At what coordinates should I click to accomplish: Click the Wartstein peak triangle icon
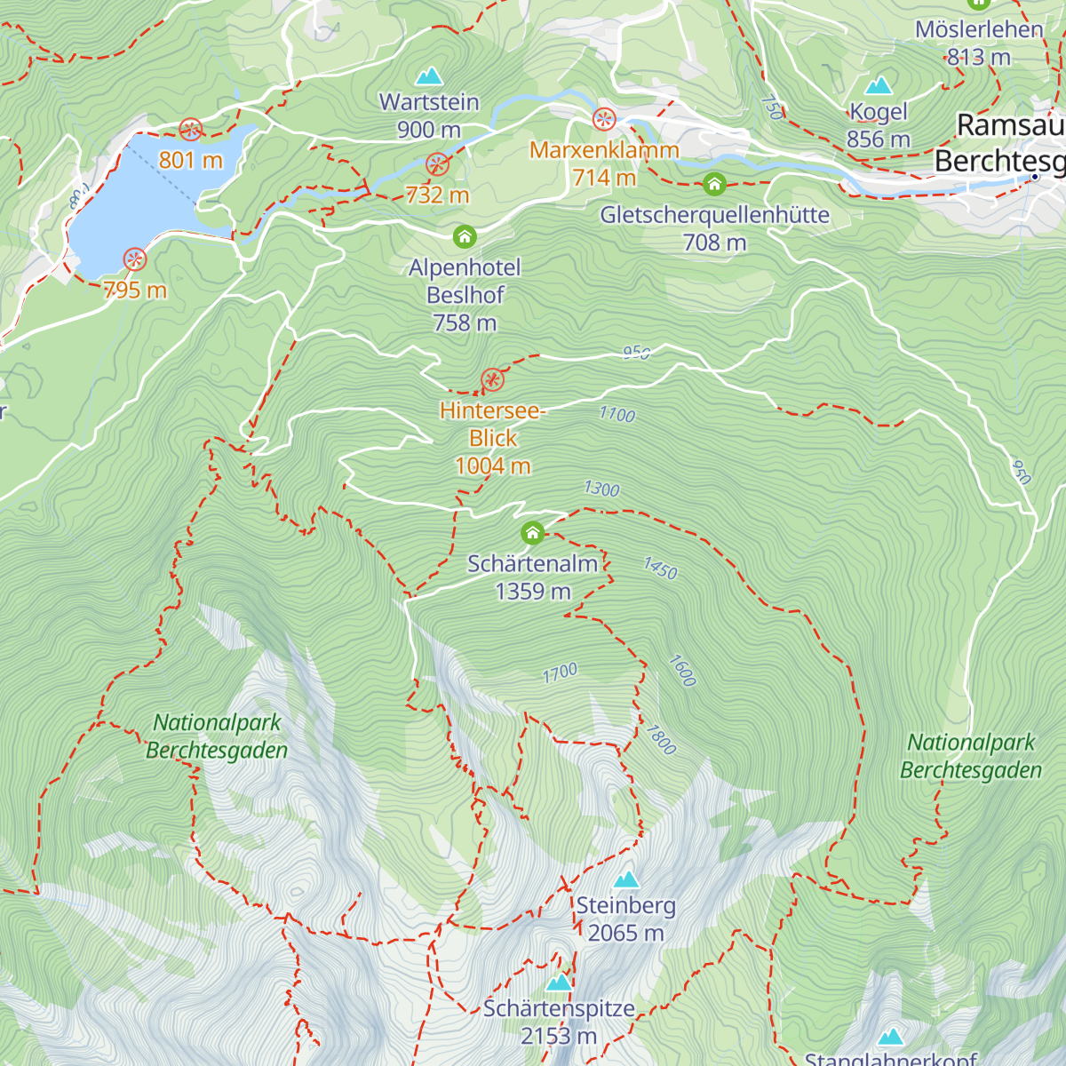click(x=429, y=76)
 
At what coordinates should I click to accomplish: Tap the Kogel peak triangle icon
click(x=879, y=85)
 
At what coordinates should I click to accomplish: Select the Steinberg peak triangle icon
click(x=626, y=879)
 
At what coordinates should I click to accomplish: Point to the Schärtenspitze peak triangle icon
click(x=559, y=982)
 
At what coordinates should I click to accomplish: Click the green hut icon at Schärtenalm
click(x=532, y=533)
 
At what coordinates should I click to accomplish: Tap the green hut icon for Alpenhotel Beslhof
click(x=465, y=237)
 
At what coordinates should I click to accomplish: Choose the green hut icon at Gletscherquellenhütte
click(x=714, y=185)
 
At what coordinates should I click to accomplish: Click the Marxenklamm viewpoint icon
click(x=604, y=119)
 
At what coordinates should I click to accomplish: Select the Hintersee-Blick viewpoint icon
click(x=492, y=381)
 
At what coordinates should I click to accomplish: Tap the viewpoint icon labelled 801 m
click(x=190, y=131)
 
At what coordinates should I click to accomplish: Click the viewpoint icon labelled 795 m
click(x=134, y=259)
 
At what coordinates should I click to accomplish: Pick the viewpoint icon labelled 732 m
click(x=436, y=164)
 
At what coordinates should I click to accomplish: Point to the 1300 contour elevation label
click(x=601, y=489)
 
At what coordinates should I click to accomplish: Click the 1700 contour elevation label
click(x=560, y=674)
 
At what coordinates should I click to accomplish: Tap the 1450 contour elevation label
click(x=660, y=569)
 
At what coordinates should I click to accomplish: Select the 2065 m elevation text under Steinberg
click(x=625, y=933)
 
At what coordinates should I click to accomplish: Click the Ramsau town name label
click(x=1010, y=126)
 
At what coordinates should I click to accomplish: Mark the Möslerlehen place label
click(x=979, y=29)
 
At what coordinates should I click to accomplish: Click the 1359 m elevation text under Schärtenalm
click(x=532, y=592)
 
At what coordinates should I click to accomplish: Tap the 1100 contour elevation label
click(x=617, y=414)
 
